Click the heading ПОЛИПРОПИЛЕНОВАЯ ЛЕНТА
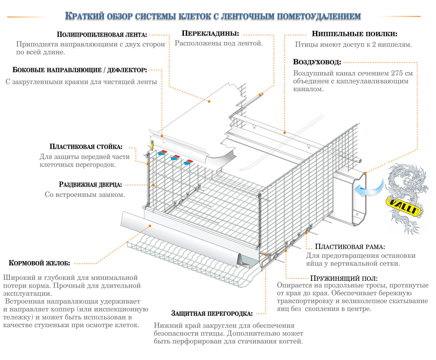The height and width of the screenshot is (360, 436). point(102,35)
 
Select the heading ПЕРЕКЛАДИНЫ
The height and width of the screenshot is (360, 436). point(210,33)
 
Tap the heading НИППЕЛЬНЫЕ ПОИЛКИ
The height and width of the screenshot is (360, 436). point(355,34)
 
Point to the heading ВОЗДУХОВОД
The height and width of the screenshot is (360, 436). point(317,62)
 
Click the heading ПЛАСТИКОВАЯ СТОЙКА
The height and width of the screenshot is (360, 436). point(86,147)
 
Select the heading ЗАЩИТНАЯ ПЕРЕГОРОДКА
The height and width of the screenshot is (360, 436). point(212,314)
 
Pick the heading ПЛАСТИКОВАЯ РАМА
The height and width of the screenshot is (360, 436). point(350,247)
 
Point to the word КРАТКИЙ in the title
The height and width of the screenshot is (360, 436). point(83,17)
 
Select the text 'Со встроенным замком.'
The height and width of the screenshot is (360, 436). point(85,195)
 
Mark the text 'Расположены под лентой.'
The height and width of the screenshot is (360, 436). point(219,43)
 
